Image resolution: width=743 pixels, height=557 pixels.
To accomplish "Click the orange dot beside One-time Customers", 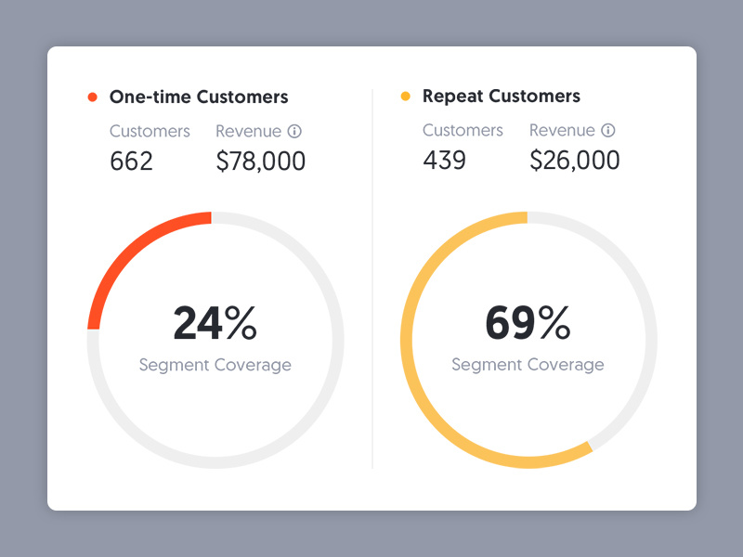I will [92, 97].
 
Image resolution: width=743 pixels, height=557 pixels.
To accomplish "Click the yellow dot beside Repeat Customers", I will [405, 97].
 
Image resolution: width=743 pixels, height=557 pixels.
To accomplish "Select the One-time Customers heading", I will [199, 97].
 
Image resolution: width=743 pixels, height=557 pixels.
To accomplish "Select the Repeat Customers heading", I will [501, 96].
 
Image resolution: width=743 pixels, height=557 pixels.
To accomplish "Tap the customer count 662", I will [131, 162].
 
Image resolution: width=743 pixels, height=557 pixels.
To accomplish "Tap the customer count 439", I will [444, 161].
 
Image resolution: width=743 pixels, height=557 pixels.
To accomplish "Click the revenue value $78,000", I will [260, 162].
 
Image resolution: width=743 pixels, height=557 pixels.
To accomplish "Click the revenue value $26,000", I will [574, 161].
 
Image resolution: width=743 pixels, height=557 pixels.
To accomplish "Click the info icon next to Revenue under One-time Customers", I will [294, 132].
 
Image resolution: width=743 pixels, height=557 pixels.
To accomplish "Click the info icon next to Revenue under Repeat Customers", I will [608, 131].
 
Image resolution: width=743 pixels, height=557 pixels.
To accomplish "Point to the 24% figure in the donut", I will [215, 324].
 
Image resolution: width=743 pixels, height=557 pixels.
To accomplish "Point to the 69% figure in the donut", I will [528, 323].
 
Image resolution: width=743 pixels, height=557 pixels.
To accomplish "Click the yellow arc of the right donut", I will [418, 390].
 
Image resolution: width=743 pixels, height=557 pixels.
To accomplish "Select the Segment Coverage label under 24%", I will [215, 365].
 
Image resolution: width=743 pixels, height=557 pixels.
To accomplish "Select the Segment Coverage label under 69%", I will [528, 365].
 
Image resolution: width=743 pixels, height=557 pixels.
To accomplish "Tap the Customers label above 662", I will [150, 131].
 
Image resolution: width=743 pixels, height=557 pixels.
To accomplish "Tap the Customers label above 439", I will [463, 130].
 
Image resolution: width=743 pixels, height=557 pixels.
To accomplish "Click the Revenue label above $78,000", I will [248, 131].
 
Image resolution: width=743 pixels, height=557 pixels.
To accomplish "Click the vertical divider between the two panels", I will [372, 278].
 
